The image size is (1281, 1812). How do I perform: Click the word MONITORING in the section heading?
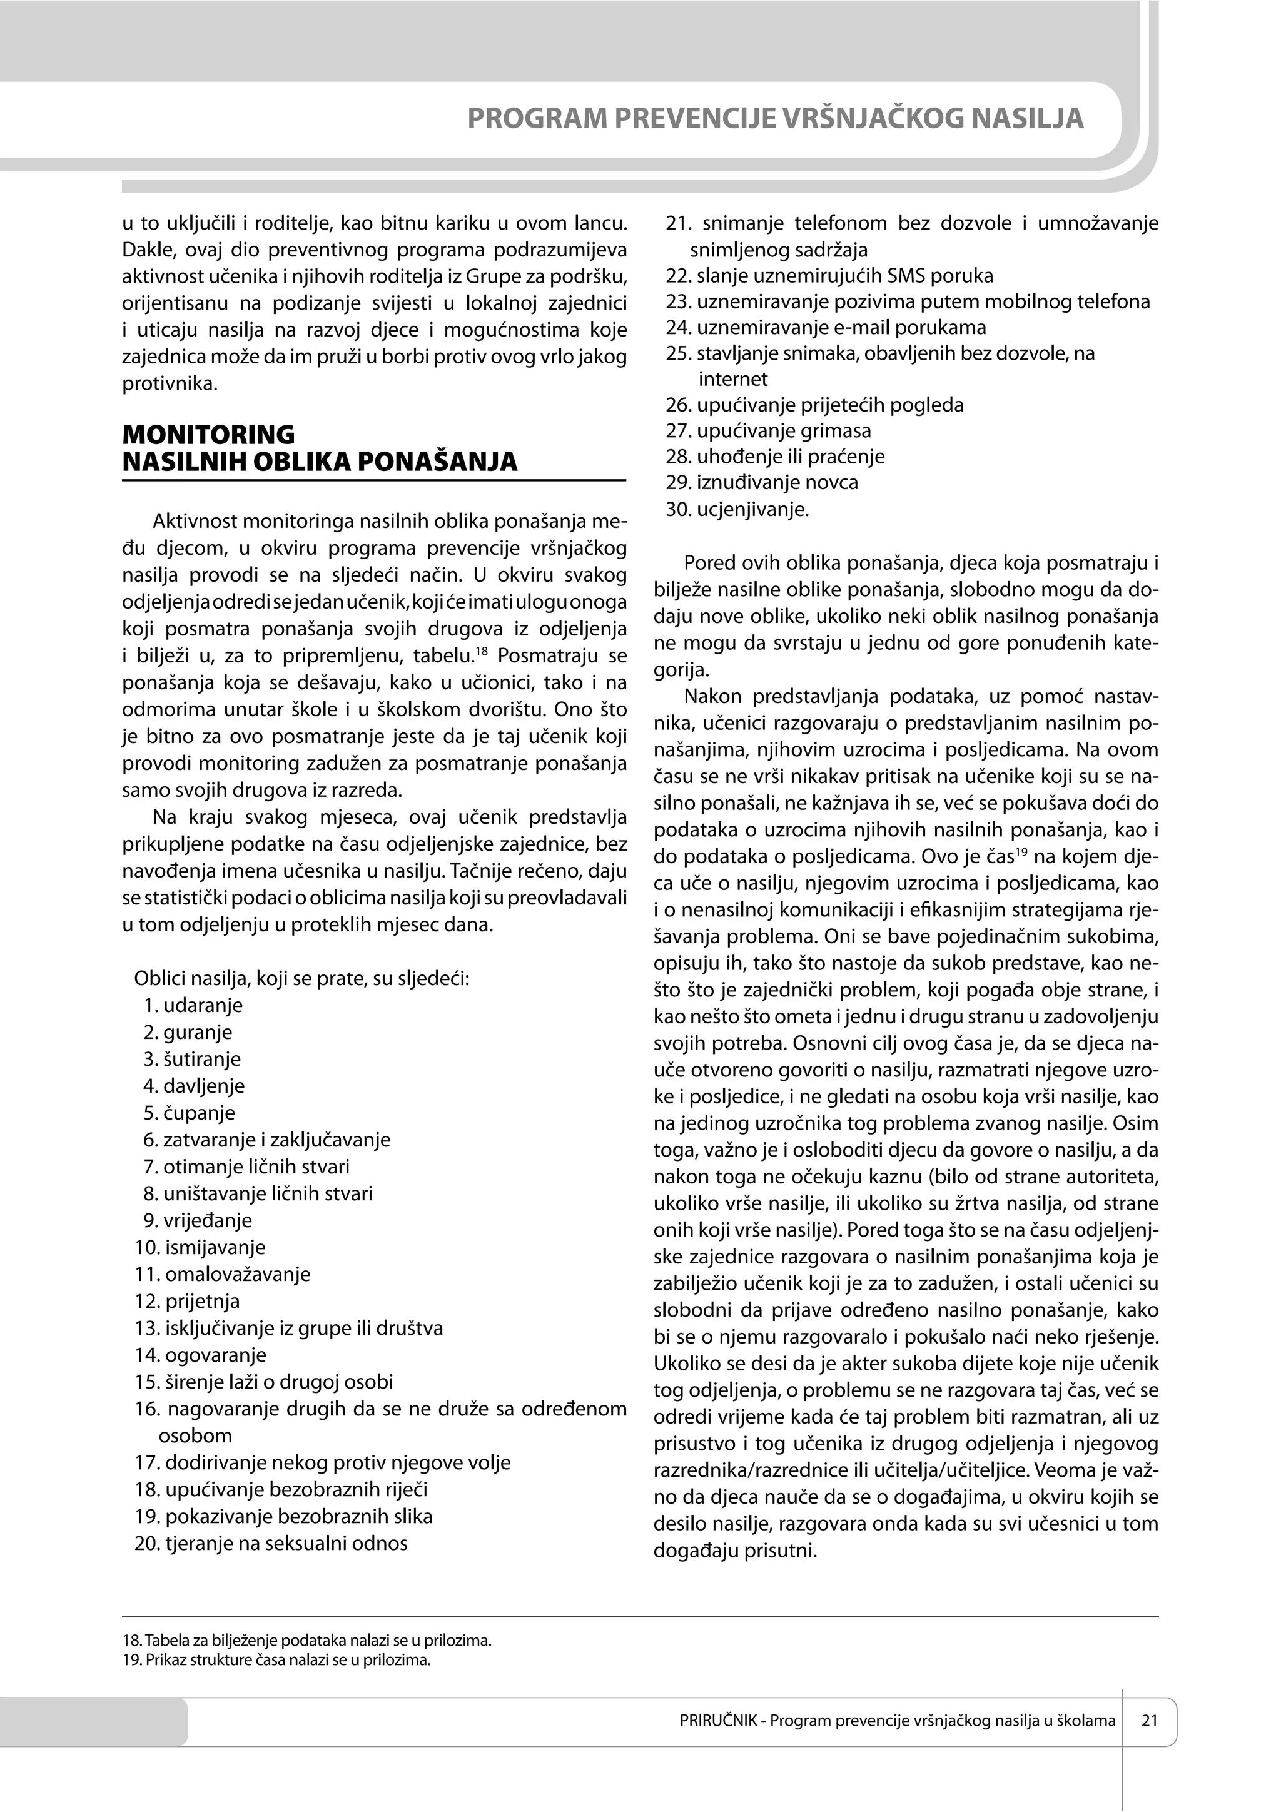[208, 434]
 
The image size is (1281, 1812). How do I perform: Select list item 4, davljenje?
[194, 1086]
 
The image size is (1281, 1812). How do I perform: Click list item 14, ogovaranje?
[201, 1355]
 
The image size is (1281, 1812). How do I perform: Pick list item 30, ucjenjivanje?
[738, 509]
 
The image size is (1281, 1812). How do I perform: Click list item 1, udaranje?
[193, 1005]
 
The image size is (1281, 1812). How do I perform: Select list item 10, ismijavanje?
[201, 1248]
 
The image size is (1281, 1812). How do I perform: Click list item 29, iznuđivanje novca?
[762, 482]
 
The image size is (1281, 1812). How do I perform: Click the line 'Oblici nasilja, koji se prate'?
[301, 979]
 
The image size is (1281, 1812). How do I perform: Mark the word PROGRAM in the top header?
[537, 118]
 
